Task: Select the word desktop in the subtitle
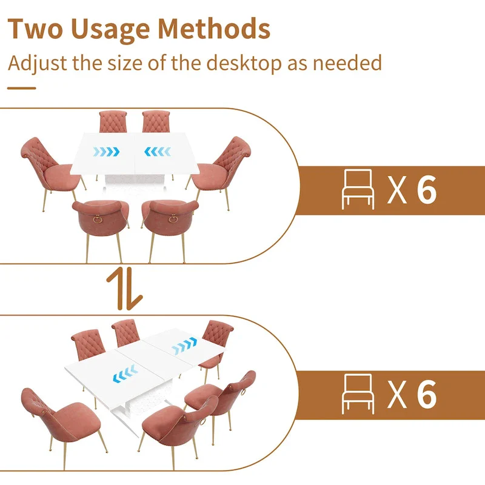(261, 62)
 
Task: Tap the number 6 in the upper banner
(427, 190)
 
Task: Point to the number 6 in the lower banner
(427, 393)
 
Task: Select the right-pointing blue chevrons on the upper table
(107, 152)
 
